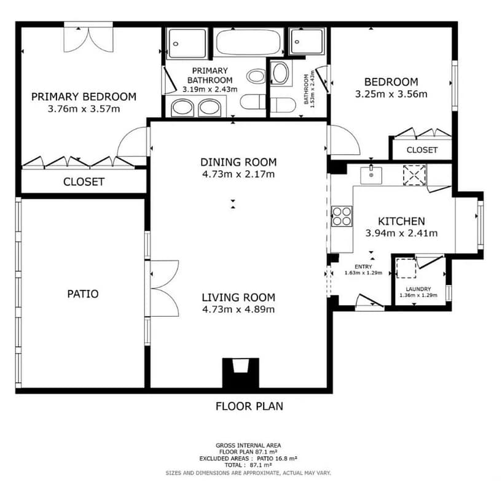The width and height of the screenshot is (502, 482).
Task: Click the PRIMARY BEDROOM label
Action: point(84,96)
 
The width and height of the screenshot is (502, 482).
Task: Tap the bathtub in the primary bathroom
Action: point(248,42)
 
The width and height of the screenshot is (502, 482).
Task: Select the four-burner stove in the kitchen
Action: point(342,217)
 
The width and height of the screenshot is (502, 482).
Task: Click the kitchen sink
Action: point(371,175)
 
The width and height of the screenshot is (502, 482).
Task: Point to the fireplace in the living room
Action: point(240,373)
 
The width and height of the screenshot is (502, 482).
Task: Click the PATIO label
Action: point(82,294)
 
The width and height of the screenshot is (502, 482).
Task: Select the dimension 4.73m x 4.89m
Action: point(238,309)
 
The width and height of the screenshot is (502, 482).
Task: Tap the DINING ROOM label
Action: point(238,162)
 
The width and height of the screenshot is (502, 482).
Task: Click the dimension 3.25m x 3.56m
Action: point(391,94)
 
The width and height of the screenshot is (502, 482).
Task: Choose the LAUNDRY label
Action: point(418,289)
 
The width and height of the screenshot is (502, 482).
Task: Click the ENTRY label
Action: point(363,266)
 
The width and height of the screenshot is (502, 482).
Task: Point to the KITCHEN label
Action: point(401,221)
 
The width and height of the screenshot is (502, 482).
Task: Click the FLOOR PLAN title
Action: point(249,406)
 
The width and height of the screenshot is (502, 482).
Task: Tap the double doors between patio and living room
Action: point(164,289)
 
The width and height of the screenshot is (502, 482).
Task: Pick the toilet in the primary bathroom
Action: point(253,101)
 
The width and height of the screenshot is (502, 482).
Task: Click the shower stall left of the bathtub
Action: point(187,44)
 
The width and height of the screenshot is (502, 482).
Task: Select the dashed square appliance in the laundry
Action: point(406,268)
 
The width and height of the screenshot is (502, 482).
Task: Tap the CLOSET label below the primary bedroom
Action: point(84,182)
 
